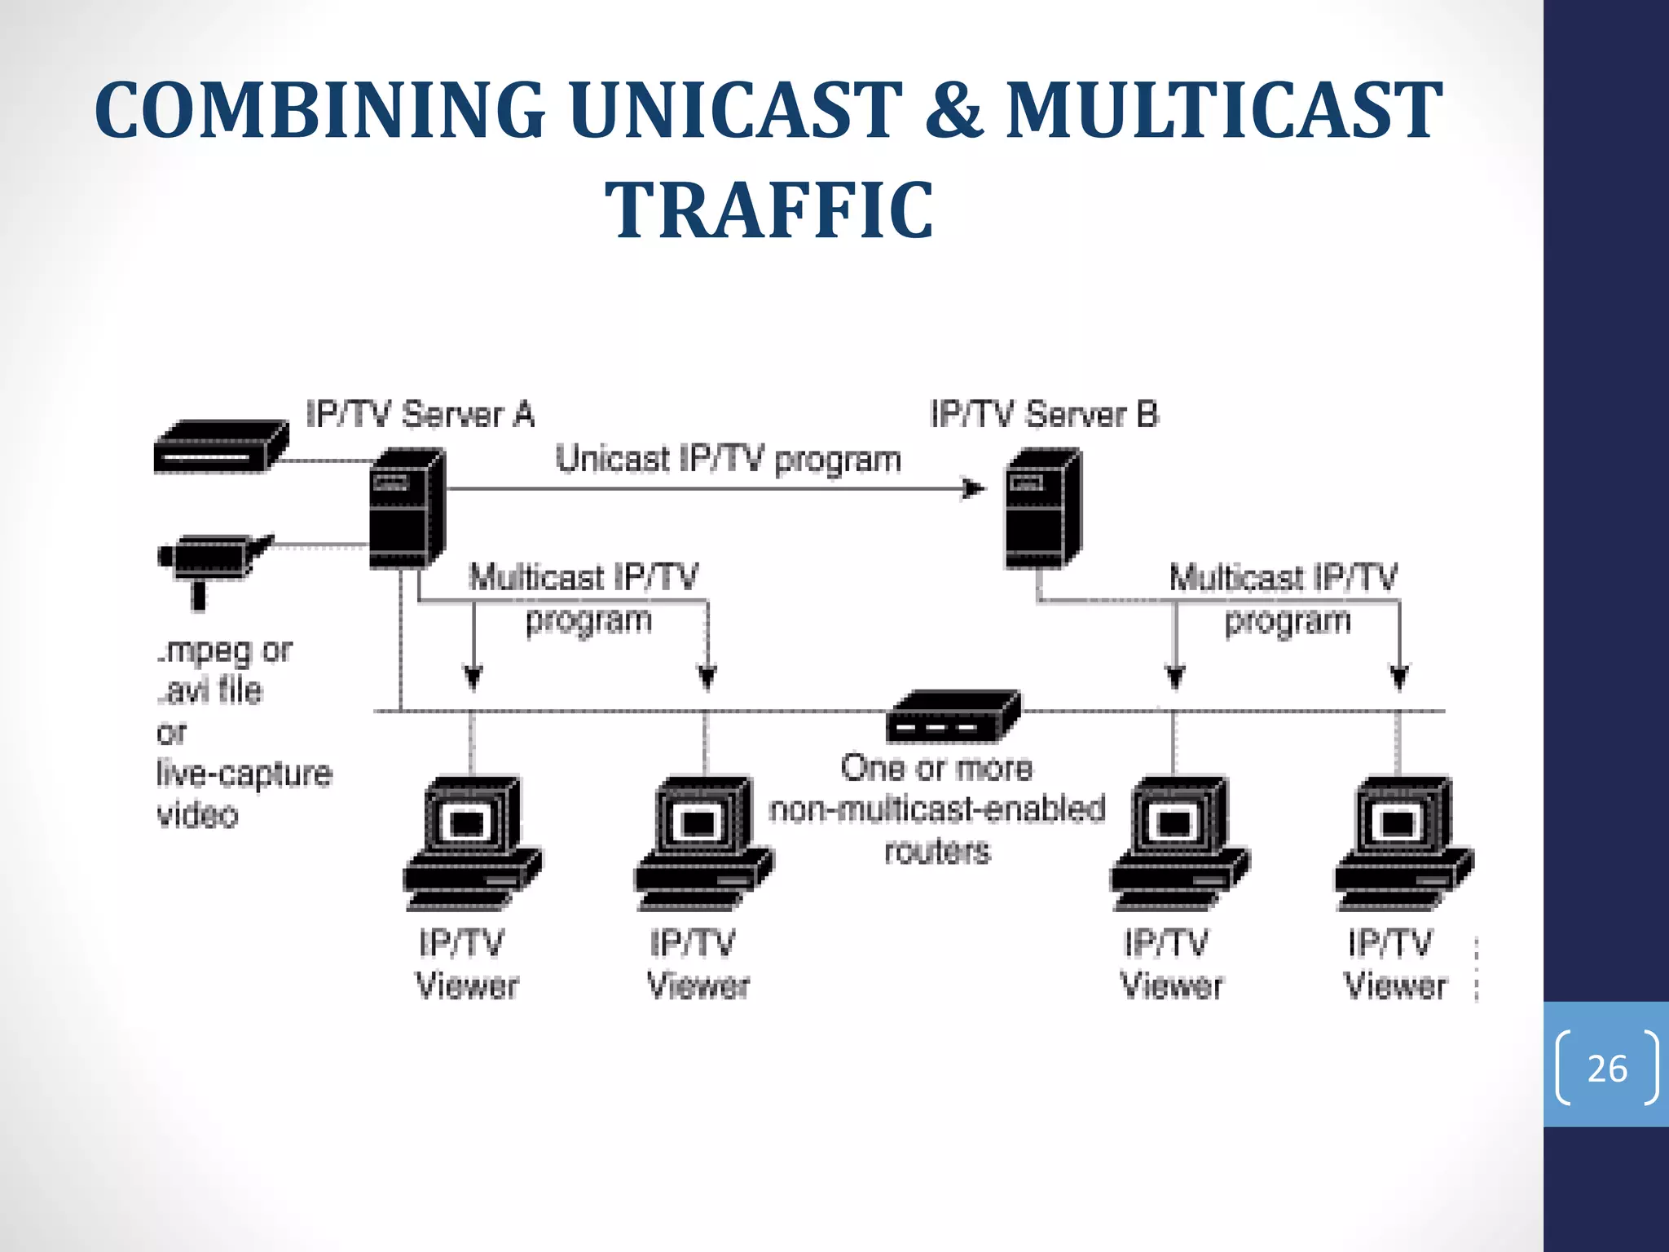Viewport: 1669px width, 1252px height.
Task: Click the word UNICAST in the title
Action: click(x=735, y=110)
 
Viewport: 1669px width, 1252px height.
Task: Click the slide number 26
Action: click(x=1606, y=1068)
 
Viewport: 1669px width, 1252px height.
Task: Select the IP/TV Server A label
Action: click(x=420, y=414)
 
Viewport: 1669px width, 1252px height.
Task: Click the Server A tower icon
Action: click(x=406, y=509)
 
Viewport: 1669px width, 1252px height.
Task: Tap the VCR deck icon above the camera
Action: click(x=220, y=446)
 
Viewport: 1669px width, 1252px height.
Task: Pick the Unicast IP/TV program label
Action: click(x=728, y=460)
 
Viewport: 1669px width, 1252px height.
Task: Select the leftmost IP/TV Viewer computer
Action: click(x=471, y=844)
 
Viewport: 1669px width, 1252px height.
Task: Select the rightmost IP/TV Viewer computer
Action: click(x=1402, y=844)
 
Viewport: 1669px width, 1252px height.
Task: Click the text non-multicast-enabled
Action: click(x=937, y=809)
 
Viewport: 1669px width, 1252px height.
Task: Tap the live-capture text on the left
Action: click(x=244, y=773)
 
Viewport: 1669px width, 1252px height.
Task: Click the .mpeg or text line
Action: click(x=224, y=650)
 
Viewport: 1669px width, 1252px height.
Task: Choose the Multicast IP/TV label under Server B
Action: click(x=1283, y=577)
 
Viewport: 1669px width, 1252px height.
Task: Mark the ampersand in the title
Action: click(x=953, y=110)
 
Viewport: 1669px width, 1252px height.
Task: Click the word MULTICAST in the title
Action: click(x=1223, y=110)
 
